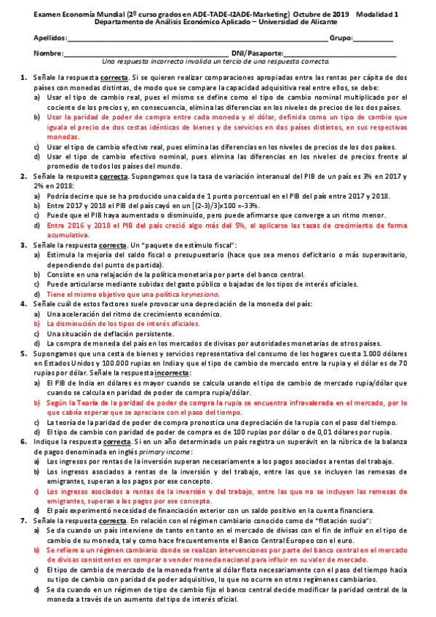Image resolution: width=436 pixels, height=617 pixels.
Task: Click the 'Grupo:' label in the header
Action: click(343, 37)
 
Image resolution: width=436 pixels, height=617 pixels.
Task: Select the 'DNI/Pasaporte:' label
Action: click(256, 54)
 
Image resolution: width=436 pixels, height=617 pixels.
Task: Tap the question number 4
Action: click(24, 303)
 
